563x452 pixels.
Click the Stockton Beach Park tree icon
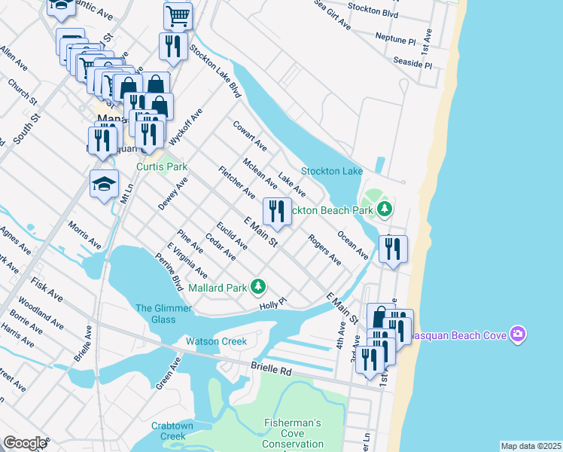pos(385,209)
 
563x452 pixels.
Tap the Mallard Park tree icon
pos(258,286)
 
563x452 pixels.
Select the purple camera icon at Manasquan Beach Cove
pos(516,333)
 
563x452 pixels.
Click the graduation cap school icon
pos(104,183)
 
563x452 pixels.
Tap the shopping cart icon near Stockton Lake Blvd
pos(178,14)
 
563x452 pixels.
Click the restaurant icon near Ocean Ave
pos(393,249)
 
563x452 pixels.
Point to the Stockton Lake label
pos(332,172)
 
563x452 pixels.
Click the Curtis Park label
pos(160,167)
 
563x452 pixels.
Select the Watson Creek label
pos(217,341)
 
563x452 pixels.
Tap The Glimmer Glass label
pos(155,313)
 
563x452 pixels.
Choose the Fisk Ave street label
pos(46,288)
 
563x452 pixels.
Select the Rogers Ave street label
pos(325,250)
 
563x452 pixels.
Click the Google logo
pos(24,443)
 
